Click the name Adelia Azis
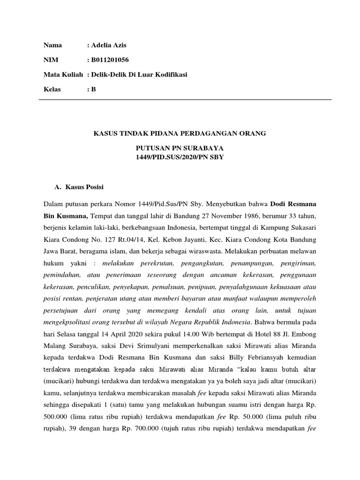click(108, 45)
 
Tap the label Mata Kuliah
click(63, 75)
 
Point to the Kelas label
click(52, 89)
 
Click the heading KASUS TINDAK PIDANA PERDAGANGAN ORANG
click(180, 134)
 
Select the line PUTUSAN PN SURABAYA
click(180, 148)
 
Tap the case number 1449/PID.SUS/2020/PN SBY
click(180, 157)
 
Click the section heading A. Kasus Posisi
click(79, 187)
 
